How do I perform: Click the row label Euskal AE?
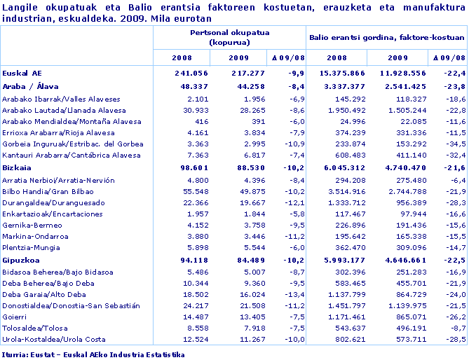tap(22, 72)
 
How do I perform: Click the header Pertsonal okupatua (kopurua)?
tap(229, 38)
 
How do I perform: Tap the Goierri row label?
tap(16, 317)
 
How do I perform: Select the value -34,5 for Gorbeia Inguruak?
tap(454, 143)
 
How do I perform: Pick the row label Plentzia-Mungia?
tap(32, 248)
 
